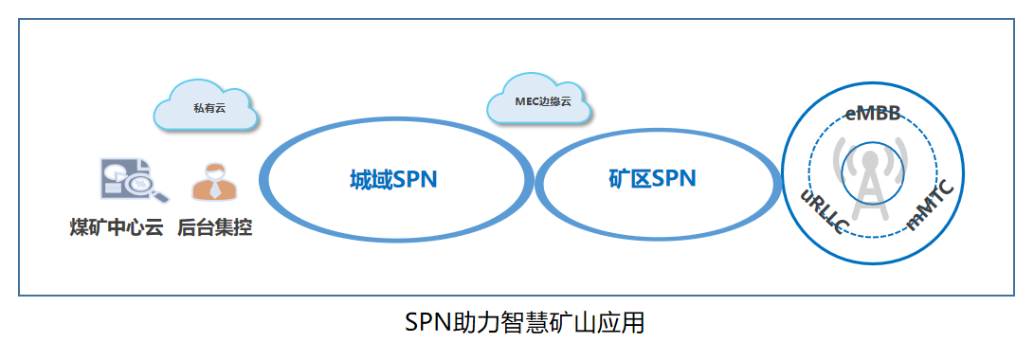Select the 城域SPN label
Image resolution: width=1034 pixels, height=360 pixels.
pos(392,179)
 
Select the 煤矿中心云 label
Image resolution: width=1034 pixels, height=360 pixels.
pos(117,228)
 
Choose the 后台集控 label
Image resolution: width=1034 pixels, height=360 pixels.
pos(215,228)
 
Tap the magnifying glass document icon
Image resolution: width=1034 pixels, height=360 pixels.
pos(132,181)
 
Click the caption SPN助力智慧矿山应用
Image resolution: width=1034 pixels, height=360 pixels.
pos(524,323)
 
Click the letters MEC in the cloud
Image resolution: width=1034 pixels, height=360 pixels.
pos(526,101)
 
